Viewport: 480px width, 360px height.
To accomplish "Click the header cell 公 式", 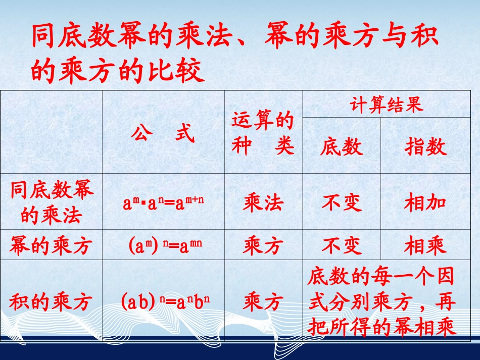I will click(x=163, y=133).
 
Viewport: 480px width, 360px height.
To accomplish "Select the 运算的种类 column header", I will click(x=263, y=133).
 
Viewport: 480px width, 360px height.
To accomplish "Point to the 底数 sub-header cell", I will click(x=342, y=147).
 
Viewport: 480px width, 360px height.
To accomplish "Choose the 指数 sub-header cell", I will click(x=425, y=147).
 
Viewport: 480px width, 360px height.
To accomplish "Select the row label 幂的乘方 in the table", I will click(x=51, y=246).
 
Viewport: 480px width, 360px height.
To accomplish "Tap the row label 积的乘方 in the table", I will click(x=51, y=301).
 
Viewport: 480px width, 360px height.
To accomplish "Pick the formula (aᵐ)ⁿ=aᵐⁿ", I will click(x=163, y=246).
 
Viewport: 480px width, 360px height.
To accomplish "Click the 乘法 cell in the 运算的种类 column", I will click(x=263, y=202).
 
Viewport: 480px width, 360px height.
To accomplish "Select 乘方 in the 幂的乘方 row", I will click(x=263, y=246).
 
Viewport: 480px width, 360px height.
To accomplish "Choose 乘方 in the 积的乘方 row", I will click(x=263, y=301).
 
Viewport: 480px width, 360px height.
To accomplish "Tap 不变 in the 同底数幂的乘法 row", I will click(x=342, y=202).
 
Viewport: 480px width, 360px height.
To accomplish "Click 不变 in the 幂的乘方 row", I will click(x=342, y=246).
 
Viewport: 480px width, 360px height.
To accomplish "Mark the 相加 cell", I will click(x=425, y=202).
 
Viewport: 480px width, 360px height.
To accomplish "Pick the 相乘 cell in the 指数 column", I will click(x=425, y=246).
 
